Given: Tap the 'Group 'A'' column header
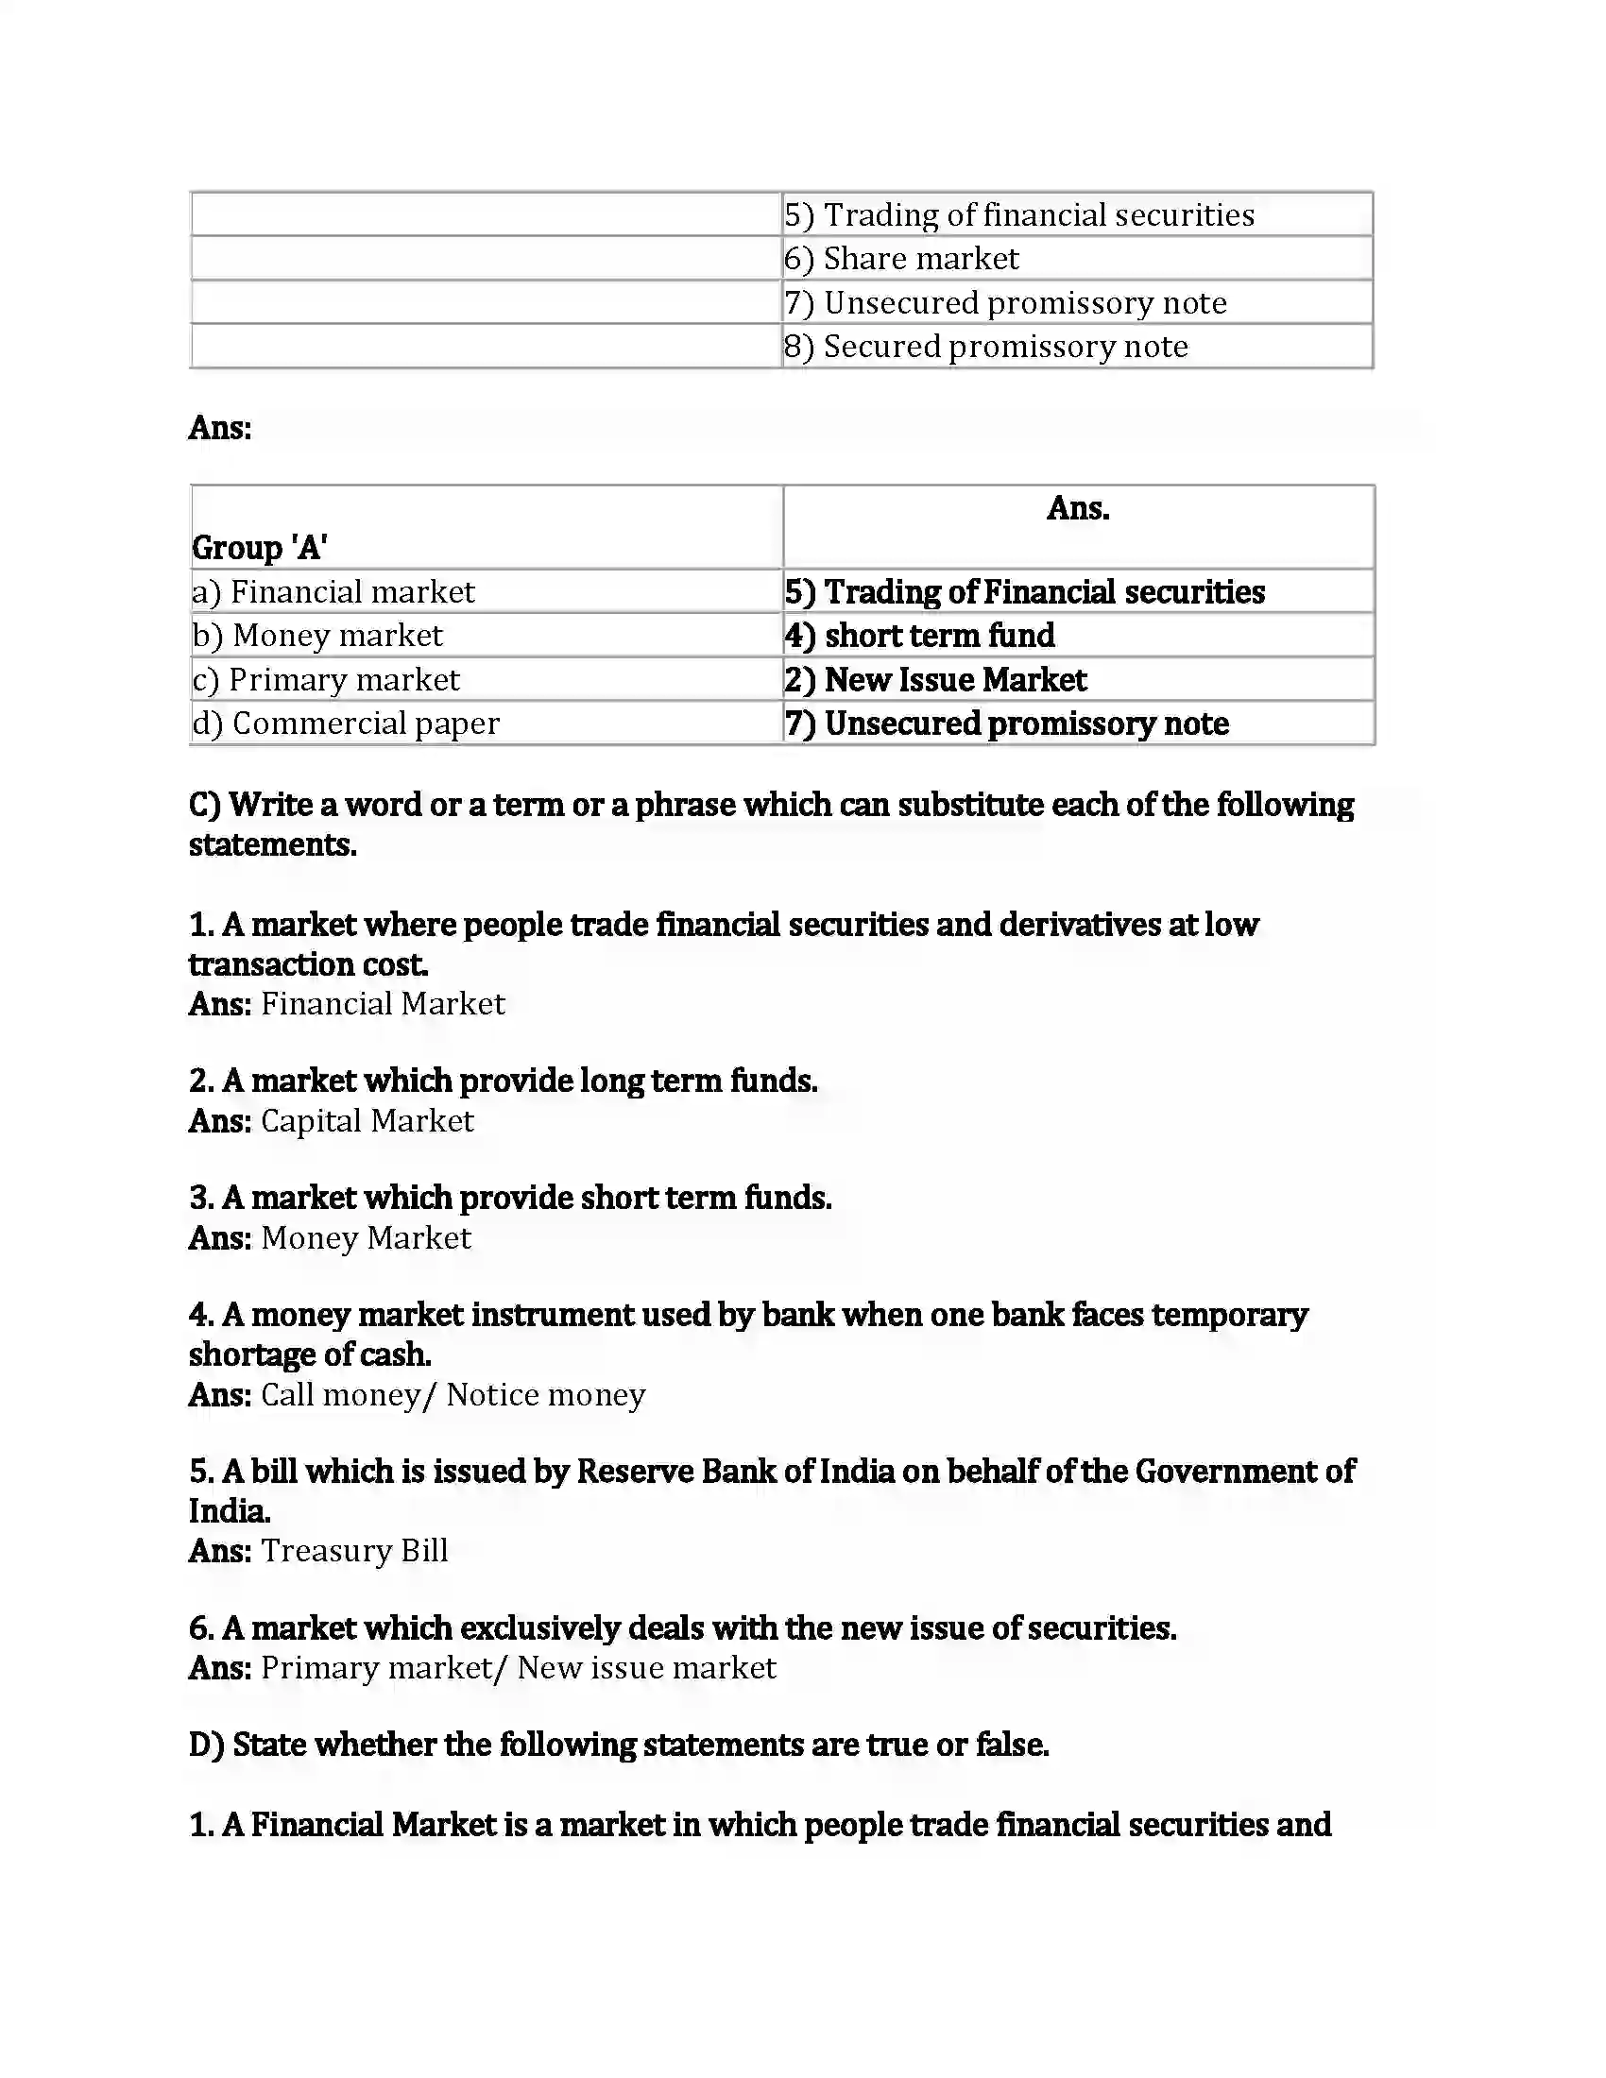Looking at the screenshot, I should pos(260,547).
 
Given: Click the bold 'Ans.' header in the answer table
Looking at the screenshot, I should pos(1078,508).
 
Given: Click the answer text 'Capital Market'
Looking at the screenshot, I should pos(367,1121).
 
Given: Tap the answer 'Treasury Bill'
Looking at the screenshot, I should pos(354,1551).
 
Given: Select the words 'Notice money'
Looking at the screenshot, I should pos(546,1395).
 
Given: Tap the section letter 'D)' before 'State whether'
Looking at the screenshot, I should pos(206,1745).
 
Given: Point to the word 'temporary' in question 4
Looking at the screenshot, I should pos(1229,1315).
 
